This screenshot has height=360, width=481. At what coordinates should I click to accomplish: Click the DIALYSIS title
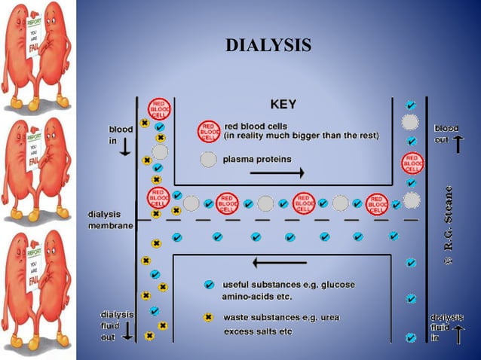(x=268, y=45)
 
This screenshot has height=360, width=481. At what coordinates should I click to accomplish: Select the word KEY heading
(x=283, y=104)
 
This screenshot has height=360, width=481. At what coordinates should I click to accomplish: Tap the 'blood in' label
(x=120, y=135)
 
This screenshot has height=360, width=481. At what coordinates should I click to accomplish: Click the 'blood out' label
(x=446, y=134)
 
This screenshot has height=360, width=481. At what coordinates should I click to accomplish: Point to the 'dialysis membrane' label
(x=109, y=219)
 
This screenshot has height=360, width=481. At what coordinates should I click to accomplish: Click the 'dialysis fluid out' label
(x=116, y=326)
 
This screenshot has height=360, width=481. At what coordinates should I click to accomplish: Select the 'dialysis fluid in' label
(x=446, y=326)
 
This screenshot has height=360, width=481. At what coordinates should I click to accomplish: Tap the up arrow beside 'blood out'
(x=458, y=142)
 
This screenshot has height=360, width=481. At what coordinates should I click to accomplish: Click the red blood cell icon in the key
(x=209, y=131)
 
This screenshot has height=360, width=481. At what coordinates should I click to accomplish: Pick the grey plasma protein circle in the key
(x=209, y=160)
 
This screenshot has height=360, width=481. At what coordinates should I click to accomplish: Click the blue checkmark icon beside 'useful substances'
(x=209, y=285)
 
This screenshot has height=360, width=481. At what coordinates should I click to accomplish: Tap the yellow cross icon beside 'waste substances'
(x=209, y=317)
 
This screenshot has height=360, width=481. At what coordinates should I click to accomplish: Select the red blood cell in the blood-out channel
(x=412, y=162)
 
